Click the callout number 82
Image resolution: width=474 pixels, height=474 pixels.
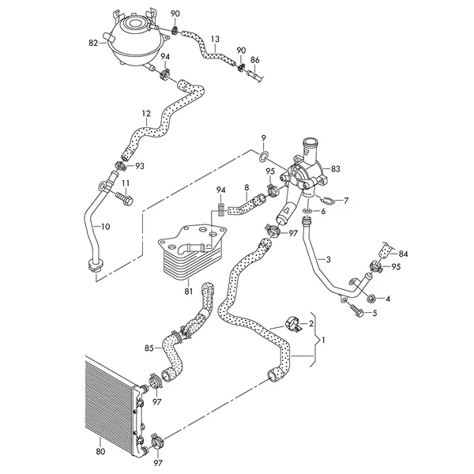pos(93,43)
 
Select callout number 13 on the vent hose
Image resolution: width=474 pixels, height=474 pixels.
pos(215,39)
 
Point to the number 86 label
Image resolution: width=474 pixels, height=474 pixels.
pos(255,60)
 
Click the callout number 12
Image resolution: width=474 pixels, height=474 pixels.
pos(146,114)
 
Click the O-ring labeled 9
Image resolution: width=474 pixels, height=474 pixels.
pos(264,156)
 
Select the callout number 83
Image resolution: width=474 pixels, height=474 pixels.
pos(335,169)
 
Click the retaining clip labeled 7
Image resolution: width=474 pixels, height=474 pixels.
pos(325,200)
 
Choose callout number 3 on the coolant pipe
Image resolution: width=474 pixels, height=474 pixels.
pos(329,259)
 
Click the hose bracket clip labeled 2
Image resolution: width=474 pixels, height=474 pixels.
pos(294,324)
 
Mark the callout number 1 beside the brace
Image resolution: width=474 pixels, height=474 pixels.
pos(323,340)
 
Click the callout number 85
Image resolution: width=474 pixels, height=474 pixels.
pos(149,348)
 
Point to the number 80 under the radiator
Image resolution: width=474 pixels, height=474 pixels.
pos(100,452)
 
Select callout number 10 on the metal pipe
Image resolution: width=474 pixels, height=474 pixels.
pos(106,227)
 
